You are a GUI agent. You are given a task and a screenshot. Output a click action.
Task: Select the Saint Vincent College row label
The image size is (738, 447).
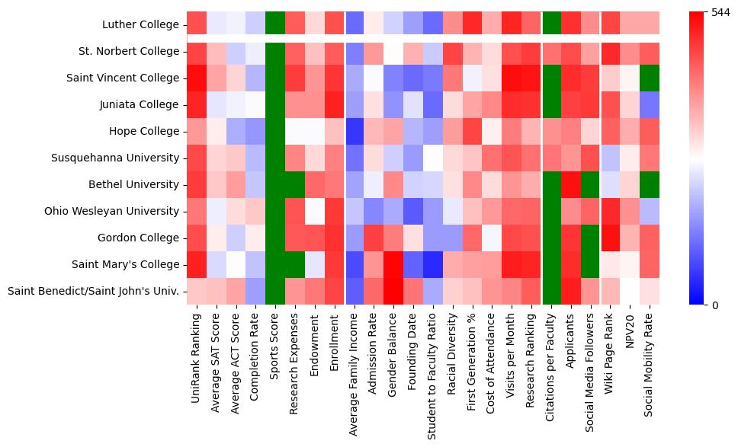pos(125,78)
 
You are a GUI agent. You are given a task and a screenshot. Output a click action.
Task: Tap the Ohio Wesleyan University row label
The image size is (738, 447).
pos(113,211)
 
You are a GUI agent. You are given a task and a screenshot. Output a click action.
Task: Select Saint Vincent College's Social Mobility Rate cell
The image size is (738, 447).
pos(651,78)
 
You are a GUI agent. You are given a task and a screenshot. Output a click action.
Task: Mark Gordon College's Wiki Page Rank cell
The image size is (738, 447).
pos(611,238)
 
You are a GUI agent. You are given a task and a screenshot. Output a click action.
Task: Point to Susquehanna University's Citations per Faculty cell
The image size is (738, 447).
pos(552,158)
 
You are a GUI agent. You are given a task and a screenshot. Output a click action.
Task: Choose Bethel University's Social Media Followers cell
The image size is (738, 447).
pos(592,184)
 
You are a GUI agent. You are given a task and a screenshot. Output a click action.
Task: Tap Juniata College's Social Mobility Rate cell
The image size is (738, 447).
pos(651,104)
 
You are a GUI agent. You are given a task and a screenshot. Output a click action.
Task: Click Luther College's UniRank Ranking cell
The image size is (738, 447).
pos(195,24)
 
